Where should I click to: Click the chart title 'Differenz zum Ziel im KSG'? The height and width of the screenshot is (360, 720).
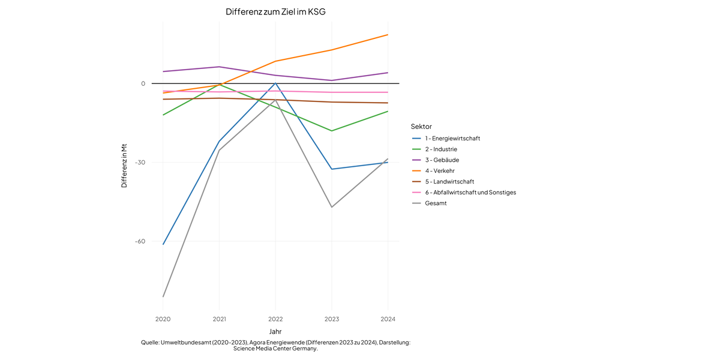pos(275,12)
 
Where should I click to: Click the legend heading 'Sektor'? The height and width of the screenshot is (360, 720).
pos(421,127)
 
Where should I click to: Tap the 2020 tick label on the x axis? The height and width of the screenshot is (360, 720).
pos(163,319)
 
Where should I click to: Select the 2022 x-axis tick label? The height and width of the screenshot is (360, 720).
pos(275,319)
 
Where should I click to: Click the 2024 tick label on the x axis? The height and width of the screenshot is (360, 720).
pos(388,319)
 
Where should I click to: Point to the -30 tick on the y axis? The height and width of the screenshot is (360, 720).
pos(140,163)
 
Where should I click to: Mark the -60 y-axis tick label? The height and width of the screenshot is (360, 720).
pos(140,241)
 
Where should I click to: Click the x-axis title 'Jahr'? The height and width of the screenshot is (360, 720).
pos(275,331)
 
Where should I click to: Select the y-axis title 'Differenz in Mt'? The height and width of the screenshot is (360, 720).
pos(124,166)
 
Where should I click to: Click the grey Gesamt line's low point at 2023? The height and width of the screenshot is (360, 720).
pos(332,207)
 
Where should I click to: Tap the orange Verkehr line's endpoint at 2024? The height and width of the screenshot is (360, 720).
pos(388,35)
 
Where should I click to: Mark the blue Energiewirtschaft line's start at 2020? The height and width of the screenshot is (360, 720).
pos(163,244)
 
